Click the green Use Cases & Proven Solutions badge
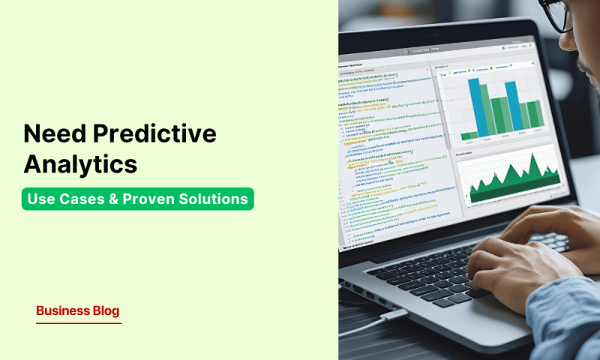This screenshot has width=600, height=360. (x=137, y=199)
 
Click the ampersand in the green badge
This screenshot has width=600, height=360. (x=121, y=199)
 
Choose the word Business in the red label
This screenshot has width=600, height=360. (x=63, y=310)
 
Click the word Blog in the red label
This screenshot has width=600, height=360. (x=106, y=310)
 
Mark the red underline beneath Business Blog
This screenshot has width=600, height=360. (x=78, y=323)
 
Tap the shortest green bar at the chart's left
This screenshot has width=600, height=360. (x=469, y=136)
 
